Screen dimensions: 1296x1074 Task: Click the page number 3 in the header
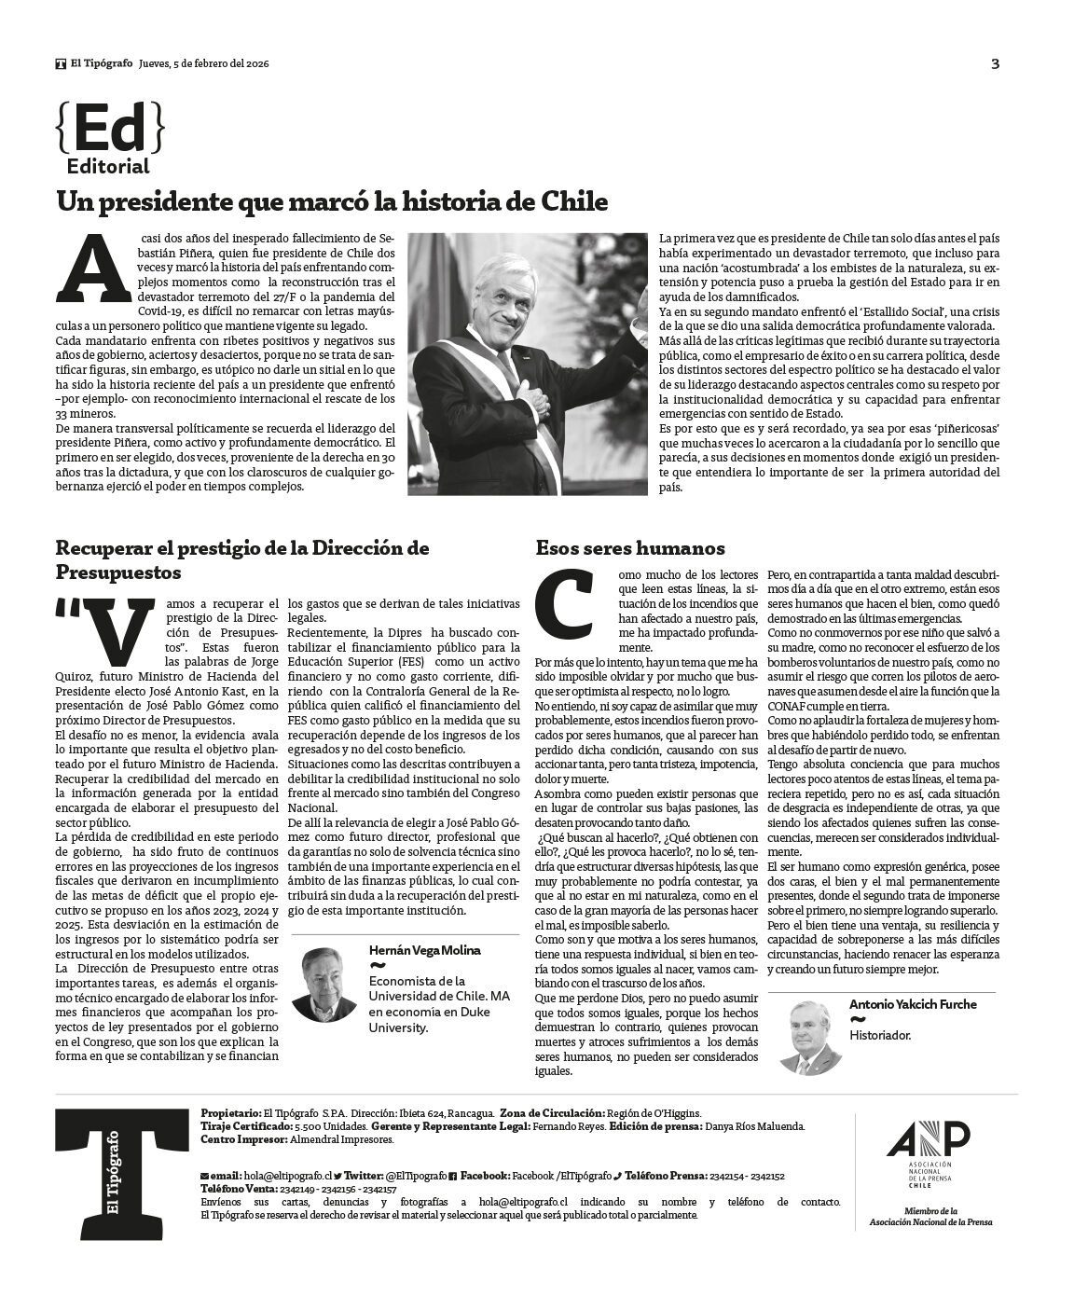point(996,64)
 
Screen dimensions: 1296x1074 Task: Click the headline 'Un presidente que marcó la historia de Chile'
point(332,201)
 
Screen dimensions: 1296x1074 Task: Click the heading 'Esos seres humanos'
point(630,548)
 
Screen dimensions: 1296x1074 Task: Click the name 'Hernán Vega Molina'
point(425,950)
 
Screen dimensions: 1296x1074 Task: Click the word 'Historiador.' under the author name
point(879,1035)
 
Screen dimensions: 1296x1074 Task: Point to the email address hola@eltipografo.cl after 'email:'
point(285,1177)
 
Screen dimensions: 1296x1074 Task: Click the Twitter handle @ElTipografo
point(415,1177)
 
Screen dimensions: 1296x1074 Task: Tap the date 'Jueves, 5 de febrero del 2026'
point(203,63)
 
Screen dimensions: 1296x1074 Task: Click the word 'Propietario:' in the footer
point(231,1113)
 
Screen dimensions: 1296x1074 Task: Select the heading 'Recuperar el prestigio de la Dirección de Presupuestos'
point(242,559)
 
